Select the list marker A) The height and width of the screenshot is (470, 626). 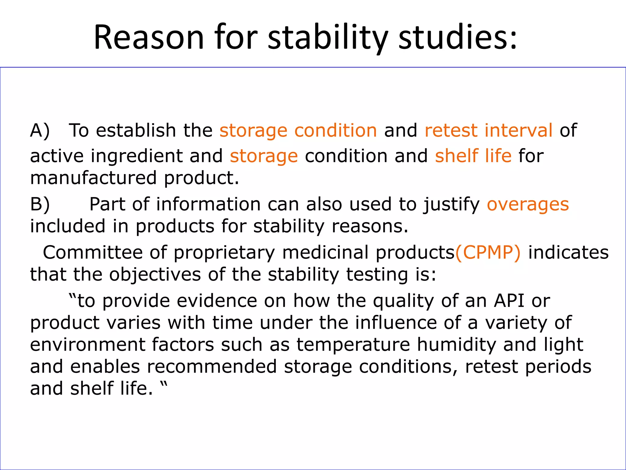pyautogui.click(x=40, y=131)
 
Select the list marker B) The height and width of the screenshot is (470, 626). pyautogui.click(x=40, y=204)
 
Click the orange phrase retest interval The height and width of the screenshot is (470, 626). pyautogui.click(x=488, y=131)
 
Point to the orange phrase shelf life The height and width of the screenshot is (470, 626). pyautogui.click(x=473, y=156)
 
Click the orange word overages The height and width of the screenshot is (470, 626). pyautogui.click(x=528, y=204)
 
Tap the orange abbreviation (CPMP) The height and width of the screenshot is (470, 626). pyautogui.click(x=488, y=253)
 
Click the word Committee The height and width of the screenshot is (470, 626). pyautogui.click(x=93, y=253)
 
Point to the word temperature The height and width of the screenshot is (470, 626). pyautogui.click(x=353, y=345)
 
